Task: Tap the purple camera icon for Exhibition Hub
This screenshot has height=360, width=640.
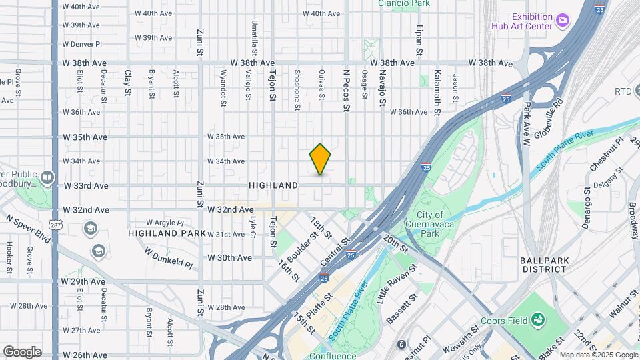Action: tap(562, 21)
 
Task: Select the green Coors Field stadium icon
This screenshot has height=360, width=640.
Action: tap(537, 321)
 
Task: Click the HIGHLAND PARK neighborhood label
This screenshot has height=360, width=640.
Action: tap(163, 233)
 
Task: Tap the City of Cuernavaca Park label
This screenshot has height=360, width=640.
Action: tap(430, 224)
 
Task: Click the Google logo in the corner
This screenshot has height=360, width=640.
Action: tap(22, 352)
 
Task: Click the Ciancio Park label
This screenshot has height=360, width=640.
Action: tap(403, 3)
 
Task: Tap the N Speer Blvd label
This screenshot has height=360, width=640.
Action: tap(28, 227)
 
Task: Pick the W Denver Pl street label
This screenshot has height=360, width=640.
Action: tap(83, 44)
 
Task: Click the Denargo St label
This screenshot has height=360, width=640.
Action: tap(587, 208)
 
